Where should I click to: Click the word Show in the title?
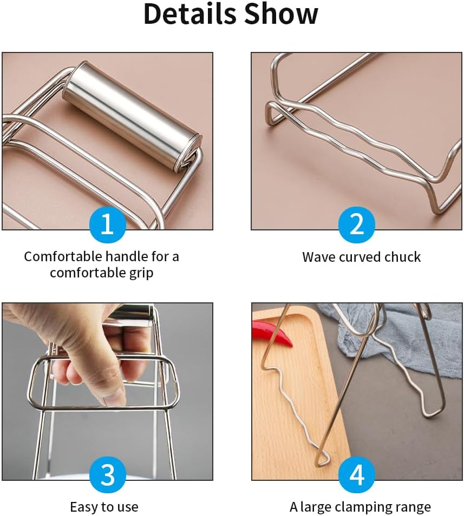(x=282, y=14)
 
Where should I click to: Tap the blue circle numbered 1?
(x=108, y=225)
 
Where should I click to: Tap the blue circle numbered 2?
(x=357, y=225)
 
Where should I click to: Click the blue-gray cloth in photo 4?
(x=395, y=333)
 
